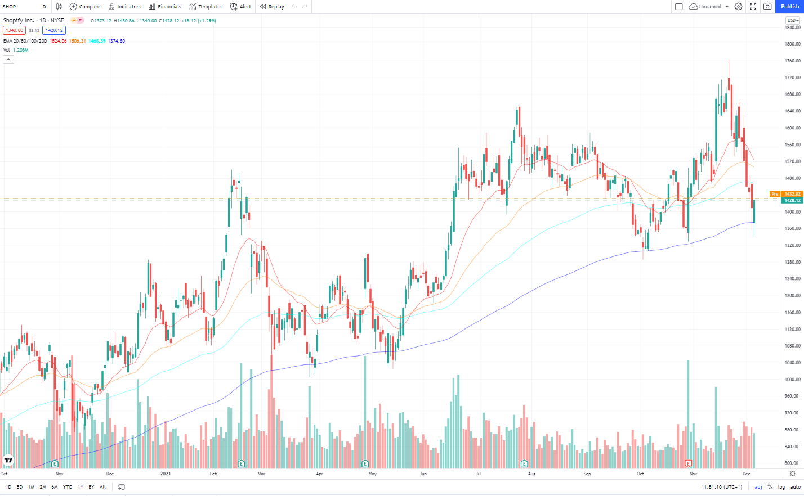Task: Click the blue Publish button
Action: click(x=789, y=7)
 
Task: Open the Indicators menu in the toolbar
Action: click(x=125, y=7)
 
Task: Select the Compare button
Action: click(x=85, y=7)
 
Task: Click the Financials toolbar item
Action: click(x=165, y=7)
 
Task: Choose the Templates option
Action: click(x=206, y=7)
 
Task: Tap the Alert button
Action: click(x=241, y=7)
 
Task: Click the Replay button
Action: click(x=272, y=7)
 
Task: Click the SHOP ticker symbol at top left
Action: click(x=10, y=7)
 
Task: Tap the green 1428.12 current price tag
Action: click(x=792, y=200)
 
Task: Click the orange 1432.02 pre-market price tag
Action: click(x=792, y=194)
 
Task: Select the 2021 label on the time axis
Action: click(x=166, y=474)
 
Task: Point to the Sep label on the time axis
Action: click(x=587, y=474)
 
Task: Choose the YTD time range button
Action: click(x=68, y=487)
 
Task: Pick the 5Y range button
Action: click(x=91, y=487)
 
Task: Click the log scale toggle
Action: click(x=781, y=487)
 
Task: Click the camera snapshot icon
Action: click(x=767, y=7)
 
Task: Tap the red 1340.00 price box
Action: click(x=15, y=30)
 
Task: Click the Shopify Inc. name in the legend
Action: click(x=19, y=21)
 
